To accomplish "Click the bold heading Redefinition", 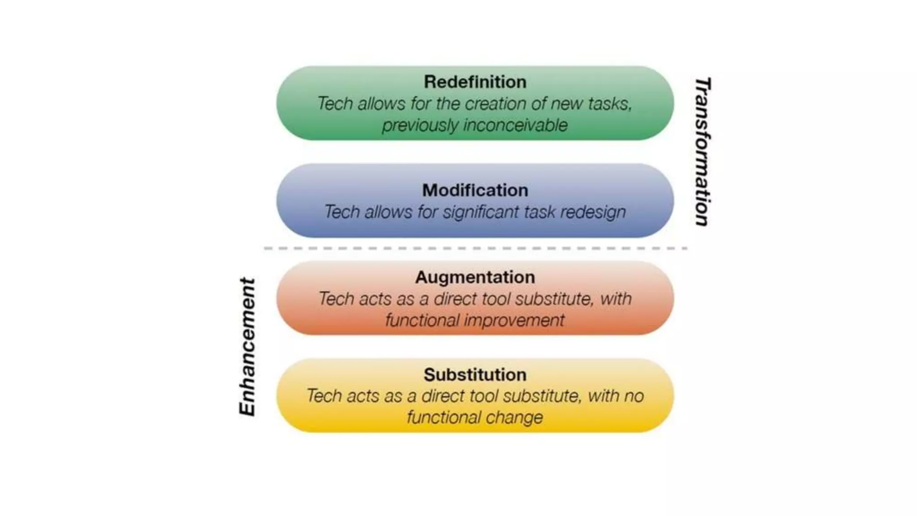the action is [475, 82].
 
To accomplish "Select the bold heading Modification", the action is [475, 190].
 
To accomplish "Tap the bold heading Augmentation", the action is [475, 277].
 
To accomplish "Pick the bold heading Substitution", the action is [475, 375].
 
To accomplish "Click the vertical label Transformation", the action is [702, 152].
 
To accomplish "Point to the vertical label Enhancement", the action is [247, 347].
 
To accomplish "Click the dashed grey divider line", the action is [475, 248].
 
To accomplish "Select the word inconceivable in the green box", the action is [515, 125].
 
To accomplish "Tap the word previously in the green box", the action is [420, 125].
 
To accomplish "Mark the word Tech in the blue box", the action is [342, 212].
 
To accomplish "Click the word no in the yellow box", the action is [634, 396].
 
